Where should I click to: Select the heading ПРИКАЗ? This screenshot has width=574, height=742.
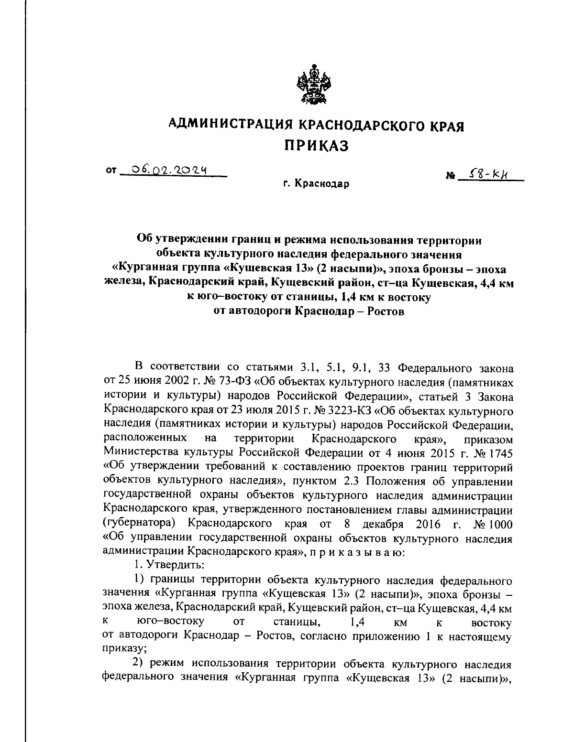[x=317, y=145]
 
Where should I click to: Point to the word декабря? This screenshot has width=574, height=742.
[x=384, y=524]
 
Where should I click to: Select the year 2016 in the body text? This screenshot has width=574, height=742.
[x=428, y=524]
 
